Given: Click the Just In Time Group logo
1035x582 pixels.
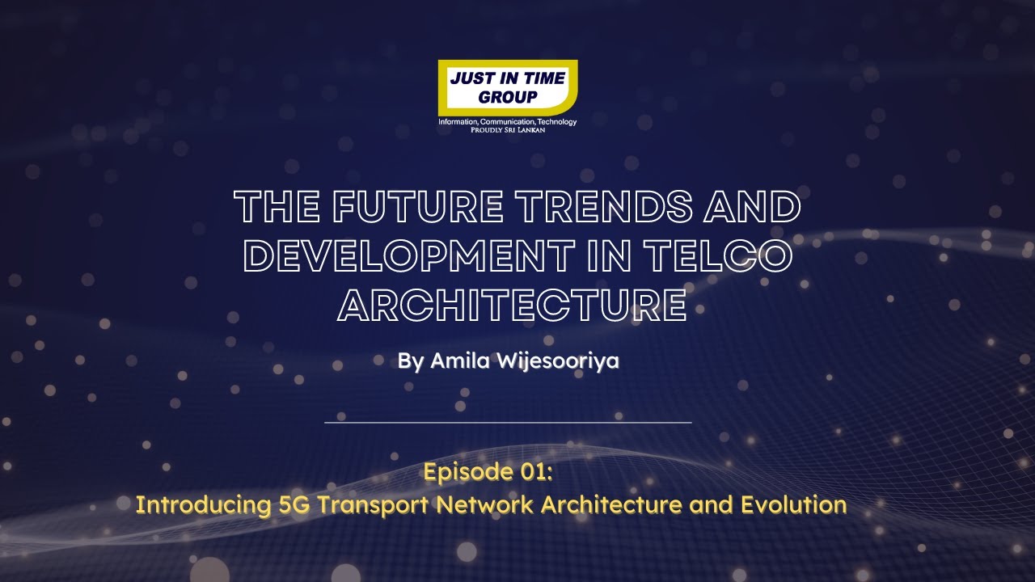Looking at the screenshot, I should coord(507,89).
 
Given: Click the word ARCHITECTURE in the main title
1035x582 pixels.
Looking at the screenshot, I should coord(512,306).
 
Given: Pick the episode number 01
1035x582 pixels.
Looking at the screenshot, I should coord(533,472).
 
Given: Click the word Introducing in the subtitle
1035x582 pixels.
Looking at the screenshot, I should coord(202,505).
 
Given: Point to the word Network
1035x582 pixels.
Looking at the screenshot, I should coord(485,505).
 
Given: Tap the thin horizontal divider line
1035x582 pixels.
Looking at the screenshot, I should coord(508,422).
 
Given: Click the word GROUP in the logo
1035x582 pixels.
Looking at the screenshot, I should coord(507,98).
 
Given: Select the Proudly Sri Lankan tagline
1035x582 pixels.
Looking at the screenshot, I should coord(507,129).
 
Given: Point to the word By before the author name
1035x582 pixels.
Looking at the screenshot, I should coord(410,361).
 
